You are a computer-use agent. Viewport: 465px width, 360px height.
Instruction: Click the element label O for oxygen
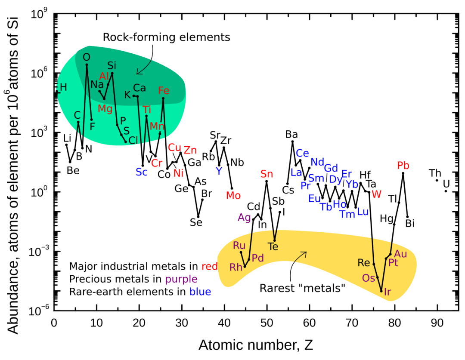click(x=87, y=57)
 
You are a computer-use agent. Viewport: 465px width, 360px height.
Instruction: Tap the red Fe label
click(x=164, y=90)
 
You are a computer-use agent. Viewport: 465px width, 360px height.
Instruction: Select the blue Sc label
click(x=141, y=172)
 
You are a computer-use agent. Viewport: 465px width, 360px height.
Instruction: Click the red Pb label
click(x=403, y=166)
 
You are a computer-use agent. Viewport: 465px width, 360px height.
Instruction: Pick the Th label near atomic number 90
click(x=435, y=173)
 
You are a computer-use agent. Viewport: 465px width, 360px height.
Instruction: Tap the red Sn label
click(x=267, y=174)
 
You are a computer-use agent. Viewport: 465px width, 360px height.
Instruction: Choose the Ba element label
click(x=291, y=134)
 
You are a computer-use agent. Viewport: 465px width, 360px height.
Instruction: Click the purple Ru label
click(x=239, y=246)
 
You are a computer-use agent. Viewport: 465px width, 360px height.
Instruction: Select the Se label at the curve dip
click(x=196, y=222)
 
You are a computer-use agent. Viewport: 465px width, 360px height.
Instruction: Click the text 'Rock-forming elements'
click(x=166, y=37)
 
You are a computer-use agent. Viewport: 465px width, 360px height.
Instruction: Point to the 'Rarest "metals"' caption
click(x=303, y=288)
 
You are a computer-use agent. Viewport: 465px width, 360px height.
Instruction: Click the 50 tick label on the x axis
click(x=267, y=322)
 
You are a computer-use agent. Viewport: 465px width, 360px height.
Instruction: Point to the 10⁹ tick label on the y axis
click(x=40, y=14)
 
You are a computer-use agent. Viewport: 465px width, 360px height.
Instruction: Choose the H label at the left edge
click(x=63, y=87)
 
